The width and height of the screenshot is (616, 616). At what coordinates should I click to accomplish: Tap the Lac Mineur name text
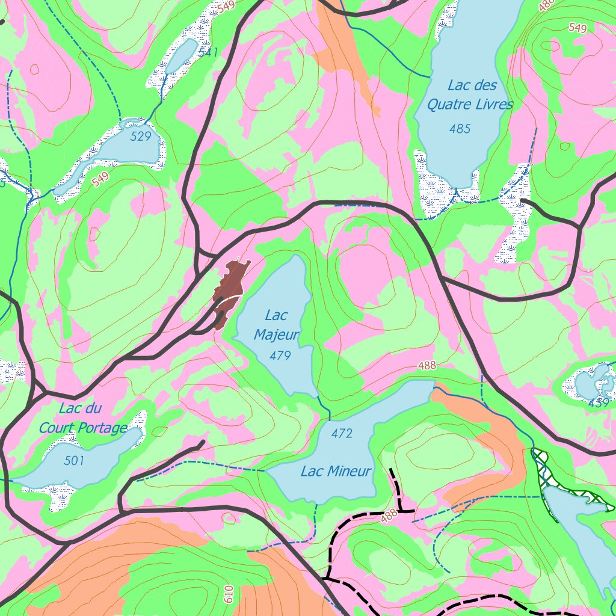[336, 472]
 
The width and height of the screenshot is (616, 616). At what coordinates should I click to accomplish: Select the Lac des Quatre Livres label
[470, 95]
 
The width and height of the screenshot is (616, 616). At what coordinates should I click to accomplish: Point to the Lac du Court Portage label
[83, 418]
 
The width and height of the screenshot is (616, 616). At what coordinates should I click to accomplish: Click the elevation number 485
[460, 128]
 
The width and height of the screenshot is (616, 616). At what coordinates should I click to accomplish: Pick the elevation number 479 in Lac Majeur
[280, 356]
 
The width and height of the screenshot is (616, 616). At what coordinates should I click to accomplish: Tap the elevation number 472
[342, 433]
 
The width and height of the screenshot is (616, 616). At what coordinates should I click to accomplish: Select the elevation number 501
[74, 461]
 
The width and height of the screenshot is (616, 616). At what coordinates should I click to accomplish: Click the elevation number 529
[141, 137]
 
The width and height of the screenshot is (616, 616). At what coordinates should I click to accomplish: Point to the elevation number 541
[208, 53]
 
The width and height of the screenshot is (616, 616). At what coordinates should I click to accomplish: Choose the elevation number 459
[599, 403]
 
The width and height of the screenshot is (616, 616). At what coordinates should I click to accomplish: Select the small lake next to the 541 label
[181, 55]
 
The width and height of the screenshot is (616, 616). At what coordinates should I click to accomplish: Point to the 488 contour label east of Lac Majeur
[427, 365]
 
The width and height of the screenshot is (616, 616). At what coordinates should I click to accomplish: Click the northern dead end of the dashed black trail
[392, 469]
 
